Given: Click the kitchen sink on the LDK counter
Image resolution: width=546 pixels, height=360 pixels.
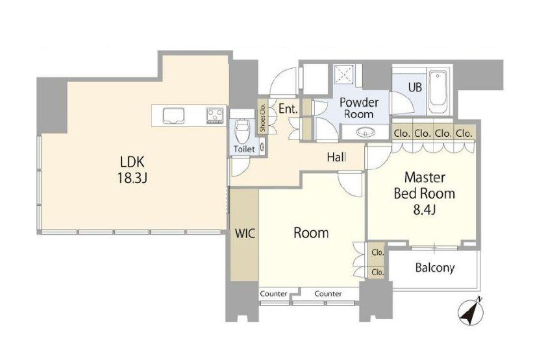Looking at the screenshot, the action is pos(173,115).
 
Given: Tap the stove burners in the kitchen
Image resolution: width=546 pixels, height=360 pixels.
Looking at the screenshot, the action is pos(215,115).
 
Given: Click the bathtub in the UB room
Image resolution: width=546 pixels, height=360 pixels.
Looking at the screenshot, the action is pos(438,92).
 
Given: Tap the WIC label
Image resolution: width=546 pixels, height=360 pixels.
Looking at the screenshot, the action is pos(245,233).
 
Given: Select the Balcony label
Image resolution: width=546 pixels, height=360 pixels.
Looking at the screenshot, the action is pos(435,267).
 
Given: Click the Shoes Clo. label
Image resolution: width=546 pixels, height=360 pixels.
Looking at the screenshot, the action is pos(262,117).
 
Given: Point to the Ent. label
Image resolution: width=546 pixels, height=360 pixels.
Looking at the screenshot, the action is pos(288,109).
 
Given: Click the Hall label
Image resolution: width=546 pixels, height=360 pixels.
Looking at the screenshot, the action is pos(336,157).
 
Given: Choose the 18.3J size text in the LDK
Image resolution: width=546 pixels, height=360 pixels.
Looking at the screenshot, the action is pos(132,178).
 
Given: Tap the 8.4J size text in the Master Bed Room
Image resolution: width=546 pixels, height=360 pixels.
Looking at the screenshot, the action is pos(425,210).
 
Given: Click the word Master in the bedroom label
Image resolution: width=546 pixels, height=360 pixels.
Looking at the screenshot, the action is pos(425,177).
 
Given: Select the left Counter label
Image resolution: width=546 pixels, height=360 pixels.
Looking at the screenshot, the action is pos(274,294).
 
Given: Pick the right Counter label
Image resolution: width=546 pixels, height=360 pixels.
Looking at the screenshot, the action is pos(328,294).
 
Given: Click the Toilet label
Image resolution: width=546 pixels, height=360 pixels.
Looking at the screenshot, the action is pos(244,149).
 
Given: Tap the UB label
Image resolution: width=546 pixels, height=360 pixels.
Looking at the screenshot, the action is pos(415,87).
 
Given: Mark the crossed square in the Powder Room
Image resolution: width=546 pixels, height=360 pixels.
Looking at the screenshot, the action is pos(343,75).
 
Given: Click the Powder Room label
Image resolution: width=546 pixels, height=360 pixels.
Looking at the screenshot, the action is pos(359,108).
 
